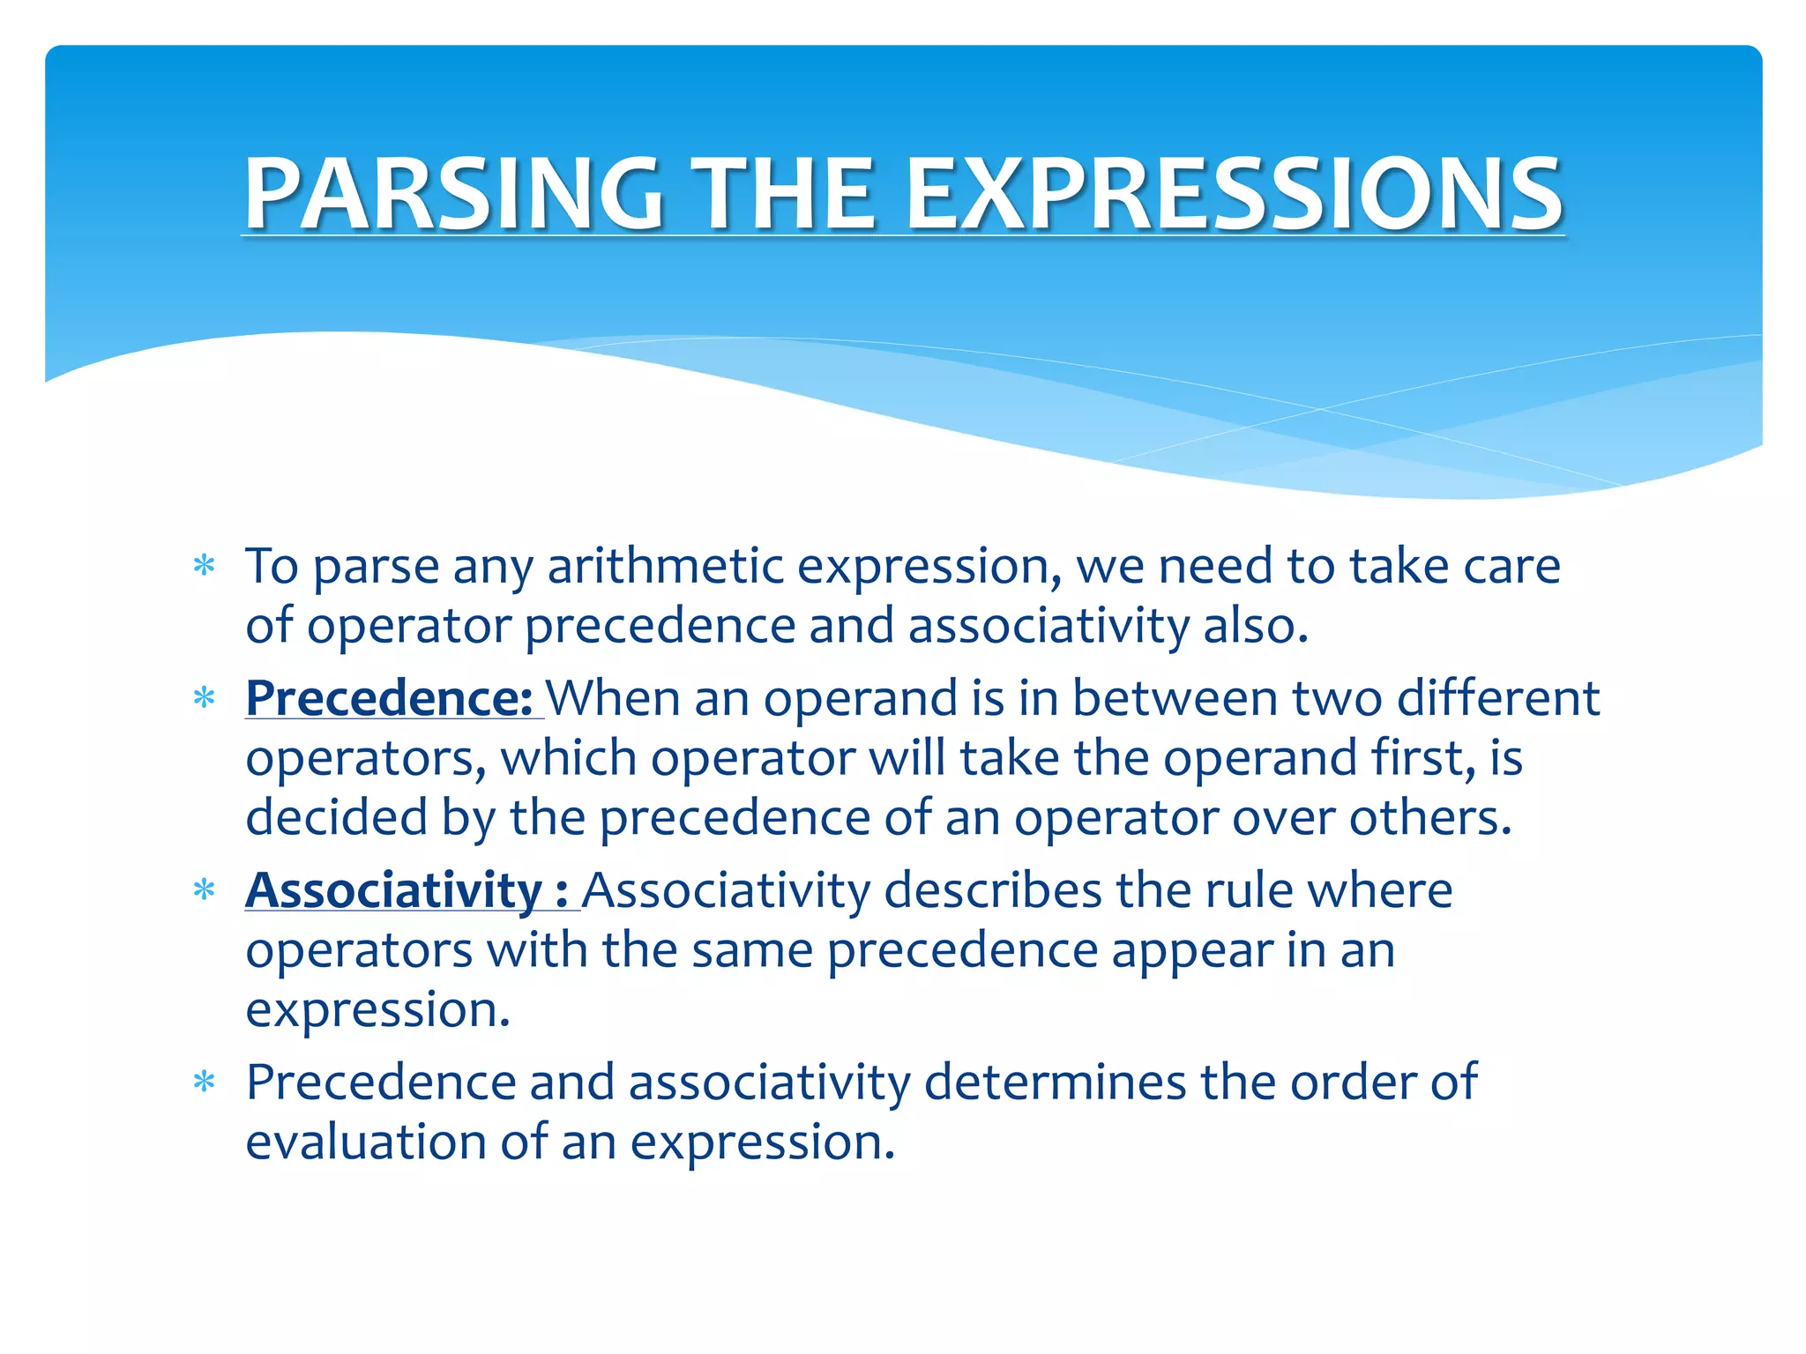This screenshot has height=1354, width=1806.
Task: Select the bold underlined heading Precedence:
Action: [x=389, y=698]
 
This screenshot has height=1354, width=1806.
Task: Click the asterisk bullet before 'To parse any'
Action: [x=205, y=565]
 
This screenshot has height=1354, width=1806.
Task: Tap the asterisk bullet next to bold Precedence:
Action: [x=205, y=698]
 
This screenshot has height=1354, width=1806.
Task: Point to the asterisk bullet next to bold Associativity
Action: [x=205, y=889]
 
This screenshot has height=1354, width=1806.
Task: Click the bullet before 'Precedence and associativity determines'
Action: [x=205, y=1082]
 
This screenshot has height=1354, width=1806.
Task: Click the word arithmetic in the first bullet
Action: [x=665, y=566]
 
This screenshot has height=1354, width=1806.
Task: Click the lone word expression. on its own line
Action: [x=377, y=1010]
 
